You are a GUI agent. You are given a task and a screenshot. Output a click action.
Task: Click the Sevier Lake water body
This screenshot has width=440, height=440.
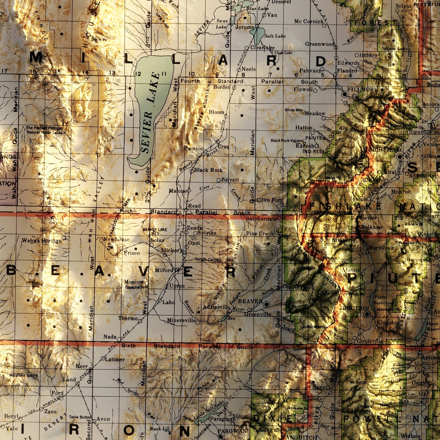(x=152, y=100)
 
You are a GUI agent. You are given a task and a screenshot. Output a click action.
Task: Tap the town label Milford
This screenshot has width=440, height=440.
(x=164, y=270)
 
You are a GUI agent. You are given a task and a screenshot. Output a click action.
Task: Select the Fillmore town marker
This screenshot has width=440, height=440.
(x=344, y=94)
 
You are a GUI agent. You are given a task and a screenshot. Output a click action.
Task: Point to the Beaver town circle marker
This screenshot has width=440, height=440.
(x=267, y=304)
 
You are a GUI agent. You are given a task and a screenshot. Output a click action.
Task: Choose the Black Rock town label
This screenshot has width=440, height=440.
(x=208, y=170)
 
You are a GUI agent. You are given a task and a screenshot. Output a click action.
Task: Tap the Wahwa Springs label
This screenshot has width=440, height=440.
(x=41, y=241)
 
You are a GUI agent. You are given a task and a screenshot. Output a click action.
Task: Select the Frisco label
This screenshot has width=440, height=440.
(x=132, y=253)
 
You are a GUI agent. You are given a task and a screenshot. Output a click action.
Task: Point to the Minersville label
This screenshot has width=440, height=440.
(x=181, y=320)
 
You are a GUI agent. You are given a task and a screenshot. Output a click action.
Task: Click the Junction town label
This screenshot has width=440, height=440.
(x=354, y=308)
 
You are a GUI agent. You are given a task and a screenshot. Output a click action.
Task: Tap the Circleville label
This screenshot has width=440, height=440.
(x=370, y=341)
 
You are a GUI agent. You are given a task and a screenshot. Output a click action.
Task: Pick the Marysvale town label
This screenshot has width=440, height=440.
(x=381, y=248)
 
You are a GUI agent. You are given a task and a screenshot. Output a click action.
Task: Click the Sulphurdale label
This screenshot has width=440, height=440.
(x=261, y=219)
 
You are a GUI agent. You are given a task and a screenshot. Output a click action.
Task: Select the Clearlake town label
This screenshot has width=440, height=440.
(x=262, y=48)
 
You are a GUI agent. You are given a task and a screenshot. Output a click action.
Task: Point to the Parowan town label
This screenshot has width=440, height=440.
(x=232, y=431)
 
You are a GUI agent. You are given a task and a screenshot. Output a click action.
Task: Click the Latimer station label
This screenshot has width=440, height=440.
(x=115, y=359)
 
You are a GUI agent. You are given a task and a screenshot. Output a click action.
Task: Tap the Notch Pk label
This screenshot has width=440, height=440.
(x=99, y=40)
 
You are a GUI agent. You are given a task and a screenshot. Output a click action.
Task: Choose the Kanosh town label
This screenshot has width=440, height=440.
(x=304, y=146)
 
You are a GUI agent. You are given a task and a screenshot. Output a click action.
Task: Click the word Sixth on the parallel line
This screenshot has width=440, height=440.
(x=128, y=345)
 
